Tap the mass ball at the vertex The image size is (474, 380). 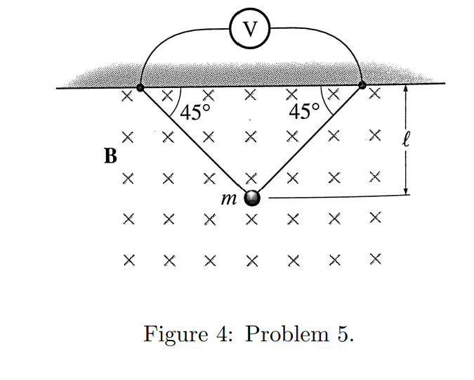coord(251,198)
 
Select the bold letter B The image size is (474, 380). coord(110,155)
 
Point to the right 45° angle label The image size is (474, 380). coord(304,112)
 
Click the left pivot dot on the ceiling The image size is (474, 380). coord(140,87)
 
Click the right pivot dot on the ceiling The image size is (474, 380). coord(362,85)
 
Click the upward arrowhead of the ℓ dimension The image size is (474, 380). coord(406,89)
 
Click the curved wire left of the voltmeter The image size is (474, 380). coord(169,39)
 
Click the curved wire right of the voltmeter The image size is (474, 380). coord(330,39)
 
